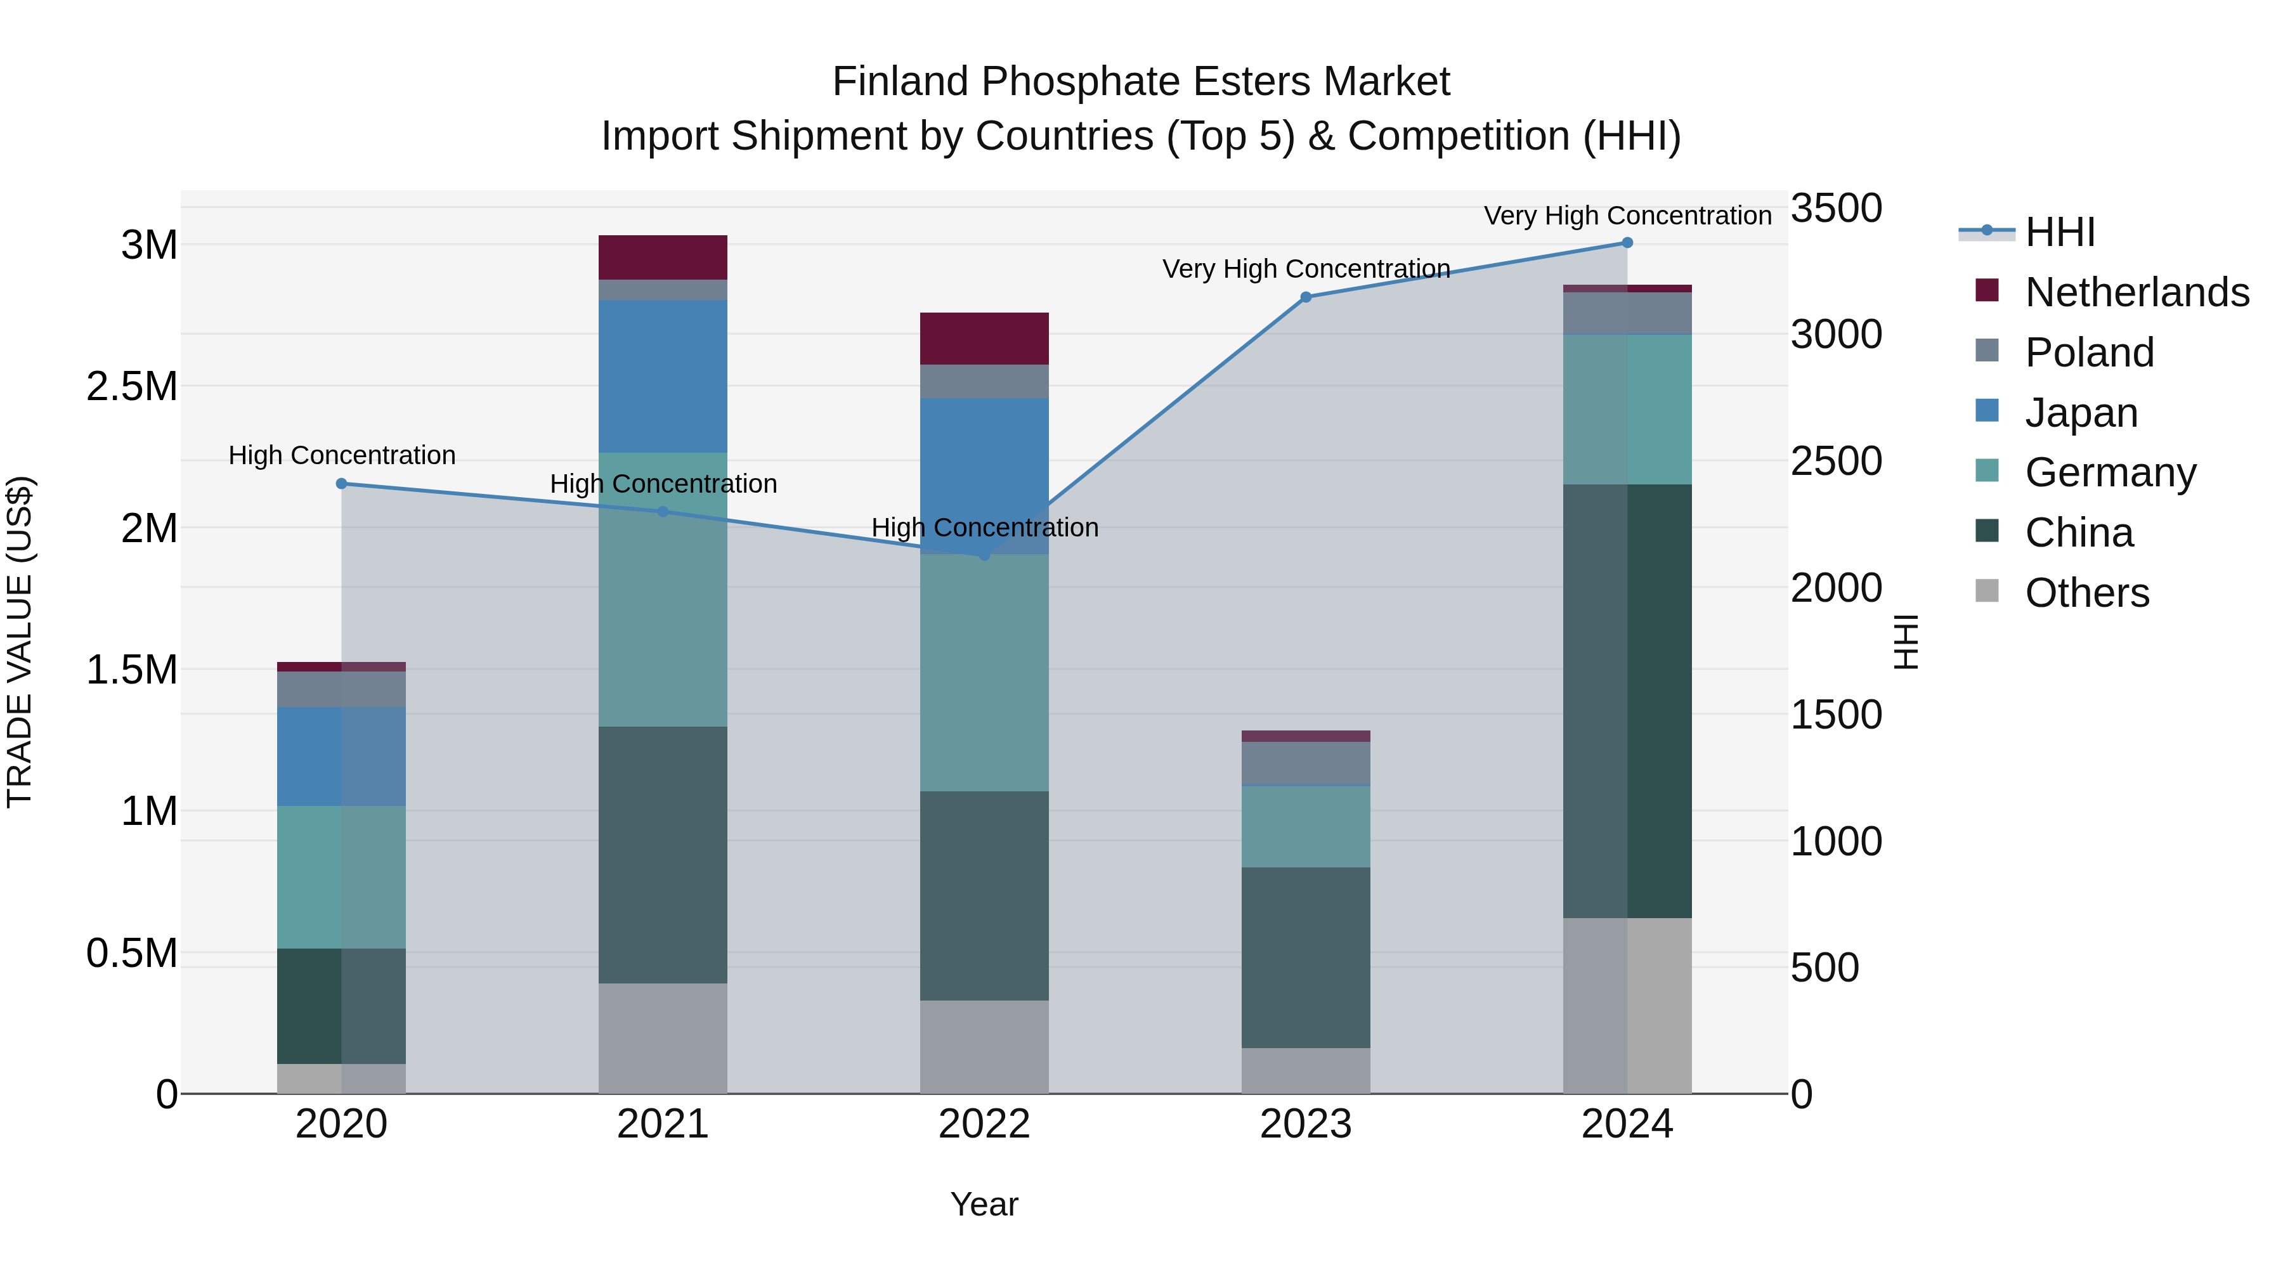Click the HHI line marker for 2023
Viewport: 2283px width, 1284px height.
tap(1306, 297)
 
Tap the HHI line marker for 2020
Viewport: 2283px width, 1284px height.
tap(341, 484)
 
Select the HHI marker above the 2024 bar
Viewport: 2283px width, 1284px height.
tap(1627, 243)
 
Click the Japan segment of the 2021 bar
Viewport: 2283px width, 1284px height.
tap(663, 377)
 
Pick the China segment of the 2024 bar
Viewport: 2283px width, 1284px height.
tap(1627, 700)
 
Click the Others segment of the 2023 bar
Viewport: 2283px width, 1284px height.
tap(1306, 1070)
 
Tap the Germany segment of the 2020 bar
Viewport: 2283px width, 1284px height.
tap(341, 878)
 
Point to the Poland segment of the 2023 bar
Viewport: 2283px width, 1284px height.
tap(1306, 763)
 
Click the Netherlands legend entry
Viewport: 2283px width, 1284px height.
tap(2137, 292)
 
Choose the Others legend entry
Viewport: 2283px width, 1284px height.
tap(2086, 593)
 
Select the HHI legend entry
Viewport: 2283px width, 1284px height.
tap(2060, 232)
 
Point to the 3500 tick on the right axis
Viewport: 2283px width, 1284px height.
tap(1835, 209)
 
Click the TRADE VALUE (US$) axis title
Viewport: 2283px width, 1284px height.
tap(20, 642)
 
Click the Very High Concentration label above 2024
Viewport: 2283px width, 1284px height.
tap(1627, 216)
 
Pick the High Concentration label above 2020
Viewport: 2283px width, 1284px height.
tap(341, 455)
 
